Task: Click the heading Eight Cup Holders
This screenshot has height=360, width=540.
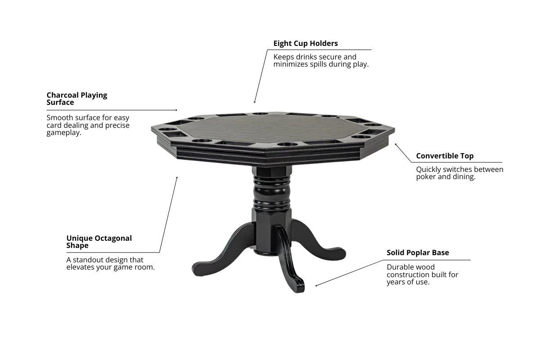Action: [x=306, y=43]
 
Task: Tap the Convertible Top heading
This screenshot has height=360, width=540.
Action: [x=445, y=156]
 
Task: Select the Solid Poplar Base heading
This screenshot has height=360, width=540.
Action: [x=418, y=253]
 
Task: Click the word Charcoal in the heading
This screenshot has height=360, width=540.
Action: [x=62, y=95]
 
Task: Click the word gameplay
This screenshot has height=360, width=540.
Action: [x=64, y=133]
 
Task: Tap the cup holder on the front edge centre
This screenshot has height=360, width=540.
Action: [x=288, y=144]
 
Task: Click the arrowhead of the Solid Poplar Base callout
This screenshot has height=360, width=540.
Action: [x=316, y=286]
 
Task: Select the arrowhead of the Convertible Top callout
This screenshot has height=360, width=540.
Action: [x=396, y=144]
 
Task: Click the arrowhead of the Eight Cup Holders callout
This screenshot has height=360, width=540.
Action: [x=255, y=102]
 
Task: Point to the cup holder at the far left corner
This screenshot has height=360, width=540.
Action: [x=167, y=129]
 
